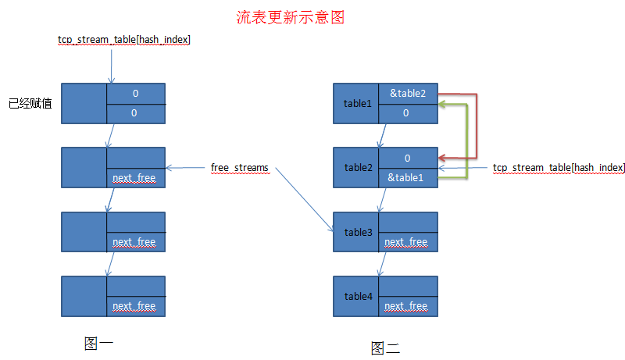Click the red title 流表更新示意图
coord(290,16)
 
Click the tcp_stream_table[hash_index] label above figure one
coord(124,38)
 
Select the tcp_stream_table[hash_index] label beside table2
coord(559,167)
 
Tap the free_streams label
coord(239,167)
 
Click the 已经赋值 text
coord(30,103)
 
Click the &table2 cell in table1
coord(408,93)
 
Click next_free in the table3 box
coord(406,242)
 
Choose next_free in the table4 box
coord(406,306)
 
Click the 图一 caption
coord(99,342)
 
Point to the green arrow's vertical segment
coord(467,141)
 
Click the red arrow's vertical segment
coord(476,125)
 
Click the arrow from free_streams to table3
coord(301,199)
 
